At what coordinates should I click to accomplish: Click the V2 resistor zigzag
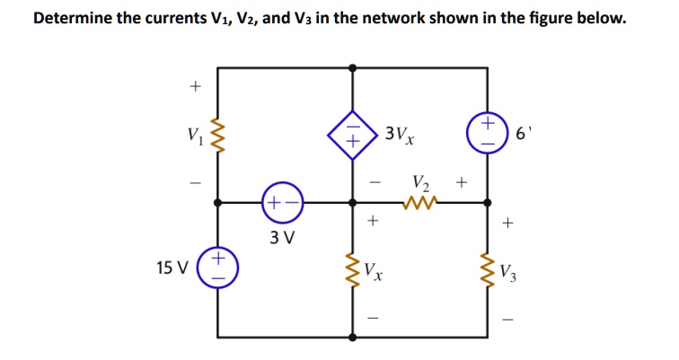tap(419, 203)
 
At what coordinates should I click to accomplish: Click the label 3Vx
tap(399, 136)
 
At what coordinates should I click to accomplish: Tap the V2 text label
tap(419, 182)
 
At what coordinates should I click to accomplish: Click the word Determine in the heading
tap(73, 19)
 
